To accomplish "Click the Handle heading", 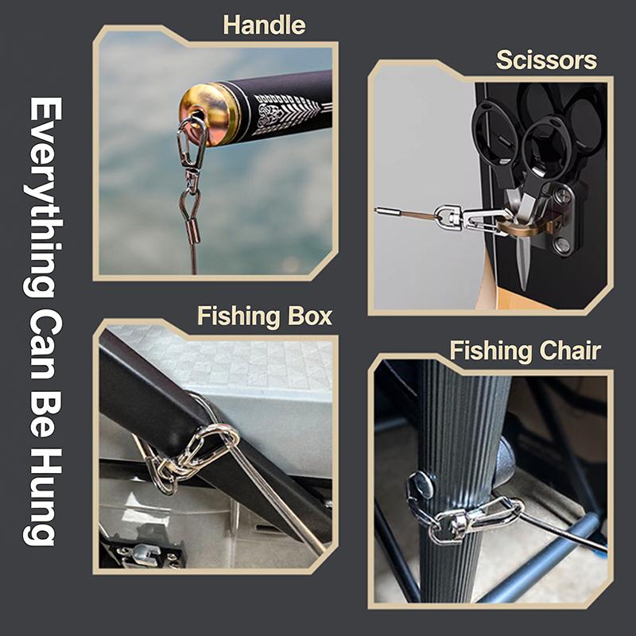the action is [x=264, y=25].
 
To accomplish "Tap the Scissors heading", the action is [x=546, y=60].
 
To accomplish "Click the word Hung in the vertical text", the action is [x=42, y=497].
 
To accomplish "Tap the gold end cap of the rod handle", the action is [x=205, y=114].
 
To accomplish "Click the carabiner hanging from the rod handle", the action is [x=191, y=140].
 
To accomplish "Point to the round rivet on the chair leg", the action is [x=421, y=485].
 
